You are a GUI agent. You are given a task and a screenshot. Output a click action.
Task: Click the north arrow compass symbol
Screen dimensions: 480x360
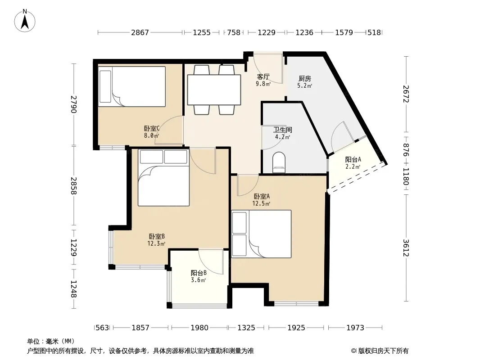25,21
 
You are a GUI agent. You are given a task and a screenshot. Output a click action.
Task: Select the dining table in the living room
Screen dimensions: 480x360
214,90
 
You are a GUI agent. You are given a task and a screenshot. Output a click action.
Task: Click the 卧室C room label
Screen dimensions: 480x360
152,128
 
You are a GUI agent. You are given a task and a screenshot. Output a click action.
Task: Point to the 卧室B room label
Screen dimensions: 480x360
157,236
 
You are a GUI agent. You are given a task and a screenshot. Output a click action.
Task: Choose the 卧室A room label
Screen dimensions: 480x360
262,196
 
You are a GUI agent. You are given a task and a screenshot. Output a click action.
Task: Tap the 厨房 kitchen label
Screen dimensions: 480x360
304,79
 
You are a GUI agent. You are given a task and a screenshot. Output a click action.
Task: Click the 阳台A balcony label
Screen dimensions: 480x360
353,159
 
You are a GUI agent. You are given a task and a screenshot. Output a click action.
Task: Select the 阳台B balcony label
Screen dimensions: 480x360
199,273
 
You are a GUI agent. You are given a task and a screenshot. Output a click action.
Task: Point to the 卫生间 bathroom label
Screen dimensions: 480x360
282,130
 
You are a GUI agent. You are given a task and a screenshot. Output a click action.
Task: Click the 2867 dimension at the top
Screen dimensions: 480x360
140,32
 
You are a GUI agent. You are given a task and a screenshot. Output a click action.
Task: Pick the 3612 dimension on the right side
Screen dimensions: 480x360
406,248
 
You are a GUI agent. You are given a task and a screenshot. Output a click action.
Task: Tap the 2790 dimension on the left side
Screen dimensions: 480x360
74,104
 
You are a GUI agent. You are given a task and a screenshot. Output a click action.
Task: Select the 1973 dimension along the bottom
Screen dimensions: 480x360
355,328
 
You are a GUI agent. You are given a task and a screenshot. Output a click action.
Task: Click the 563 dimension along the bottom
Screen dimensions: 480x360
102,328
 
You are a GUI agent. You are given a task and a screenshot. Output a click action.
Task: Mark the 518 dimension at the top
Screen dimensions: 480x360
374,32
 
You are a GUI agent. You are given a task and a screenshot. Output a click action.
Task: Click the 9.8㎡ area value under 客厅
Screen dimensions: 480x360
263,84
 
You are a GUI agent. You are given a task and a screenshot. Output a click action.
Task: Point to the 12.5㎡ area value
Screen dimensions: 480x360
262,203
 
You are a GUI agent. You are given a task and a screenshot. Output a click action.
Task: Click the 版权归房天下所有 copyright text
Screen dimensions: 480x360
383,351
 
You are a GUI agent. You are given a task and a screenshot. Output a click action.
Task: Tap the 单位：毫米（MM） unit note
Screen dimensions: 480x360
51,342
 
